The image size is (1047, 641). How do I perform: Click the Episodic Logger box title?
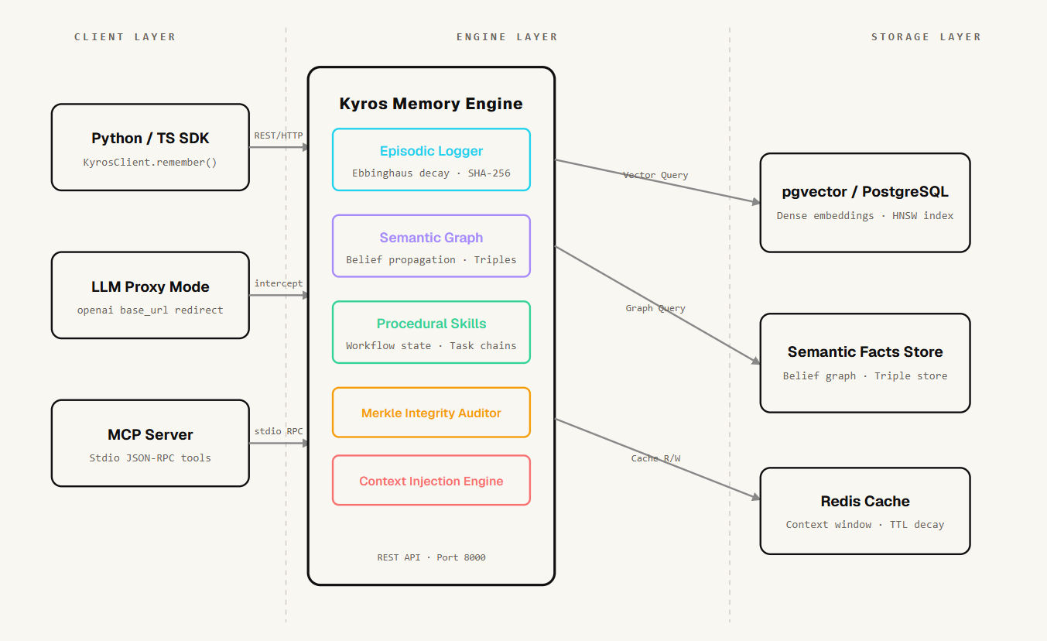431,151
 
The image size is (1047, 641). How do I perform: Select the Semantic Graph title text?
431,238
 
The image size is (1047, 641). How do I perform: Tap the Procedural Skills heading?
431,324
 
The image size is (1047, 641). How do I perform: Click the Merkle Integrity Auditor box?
431,413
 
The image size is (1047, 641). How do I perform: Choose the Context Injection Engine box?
431,480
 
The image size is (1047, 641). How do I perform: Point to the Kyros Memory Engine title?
431,103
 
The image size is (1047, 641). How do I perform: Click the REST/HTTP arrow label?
279,135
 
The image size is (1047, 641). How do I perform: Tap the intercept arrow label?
279,283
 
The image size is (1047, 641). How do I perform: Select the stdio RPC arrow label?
279,431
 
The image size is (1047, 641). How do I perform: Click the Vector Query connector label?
655,175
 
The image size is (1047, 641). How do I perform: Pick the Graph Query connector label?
655,308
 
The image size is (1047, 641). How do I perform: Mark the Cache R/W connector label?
655,458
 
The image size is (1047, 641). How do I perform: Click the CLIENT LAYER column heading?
125,37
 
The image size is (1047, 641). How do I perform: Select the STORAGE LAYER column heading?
926,37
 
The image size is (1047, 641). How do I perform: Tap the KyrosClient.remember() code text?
150,163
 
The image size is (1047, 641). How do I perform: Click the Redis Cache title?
865,501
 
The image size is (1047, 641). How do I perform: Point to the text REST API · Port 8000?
432,557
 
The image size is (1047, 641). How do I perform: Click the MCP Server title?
150,434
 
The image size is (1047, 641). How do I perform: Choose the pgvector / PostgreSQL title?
865,192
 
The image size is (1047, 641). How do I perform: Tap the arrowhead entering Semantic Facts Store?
756,361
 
